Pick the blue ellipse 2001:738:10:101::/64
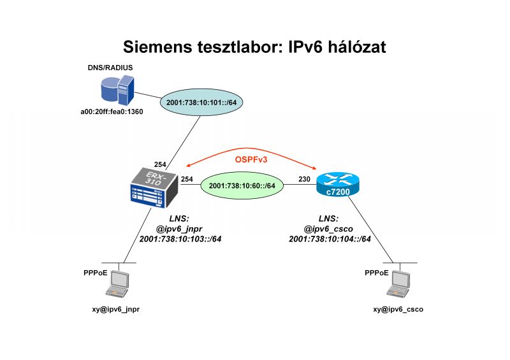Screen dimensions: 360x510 [205, 103]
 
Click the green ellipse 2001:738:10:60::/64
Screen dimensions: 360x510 [242, 185]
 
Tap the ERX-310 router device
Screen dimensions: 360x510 [152, 187]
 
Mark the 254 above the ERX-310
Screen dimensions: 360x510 [160, 164]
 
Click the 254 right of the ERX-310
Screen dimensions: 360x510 [187, 179]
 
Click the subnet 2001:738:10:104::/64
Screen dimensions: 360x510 [330, 240]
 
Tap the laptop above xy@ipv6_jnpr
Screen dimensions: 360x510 [119, 284]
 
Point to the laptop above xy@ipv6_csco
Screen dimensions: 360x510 [400, 284]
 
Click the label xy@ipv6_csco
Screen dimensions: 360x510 [398, 309]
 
